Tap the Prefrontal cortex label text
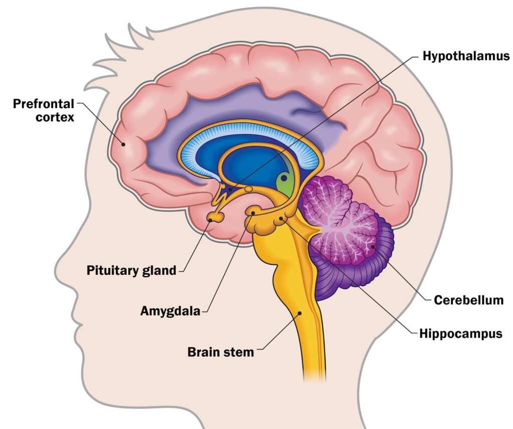tap(44, 111)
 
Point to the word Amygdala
tap(170, 311)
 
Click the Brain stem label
tap(220, 351)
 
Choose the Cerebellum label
tap(468, 300)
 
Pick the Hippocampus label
tap(460, 333)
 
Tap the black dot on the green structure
tap(284, 177)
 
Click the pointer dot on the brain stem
tap(300, 313)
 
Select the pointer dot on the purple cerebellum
tap(373, 246)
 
